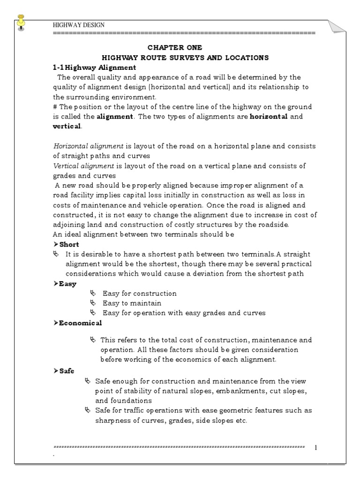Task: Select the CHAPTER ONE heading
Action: pos(175,48)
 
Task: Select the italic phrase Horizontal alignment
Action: pos(82,146)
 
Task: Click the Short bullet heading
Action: pos(69,244)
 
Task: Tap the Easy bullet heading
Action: pos(67,284)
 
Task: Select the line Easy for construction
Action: pos(139,293)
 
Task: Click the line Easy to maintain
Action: pos(132,303)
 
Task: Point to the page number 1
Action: pos(315,448)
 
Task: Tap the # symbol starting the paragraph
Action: pos(55,107)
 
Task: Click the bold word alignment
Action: pos(115,117)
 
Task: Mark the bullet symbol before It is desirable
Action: pos(56,254)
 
